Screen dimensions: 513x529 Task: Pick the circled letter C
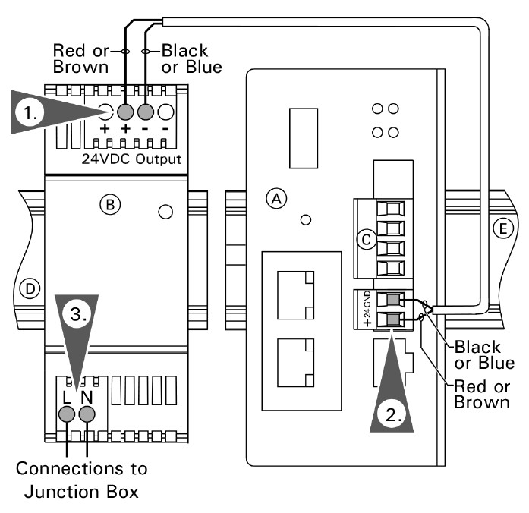click(x=366, y=240)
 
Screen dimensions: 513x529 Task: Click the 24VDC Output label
click(x=131, y=160)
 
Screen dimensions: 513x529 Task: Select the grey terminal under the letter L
click(x=67, y=414)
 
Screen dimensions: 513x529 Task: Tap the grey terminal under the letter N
click(x=88, y=414)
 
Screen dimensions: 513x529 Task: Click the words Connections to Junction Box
click(x=82, y=479)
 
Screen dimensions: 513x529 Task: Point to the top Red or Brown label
click(x=79, y=58)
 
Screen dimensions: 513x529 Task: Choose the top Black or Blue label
click(x=192, y=58)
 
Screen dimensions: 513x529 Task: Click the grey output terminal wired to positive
click(x=126, y=112)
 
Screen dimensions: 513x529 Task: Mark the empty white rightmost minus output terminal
click(x=165, y=112)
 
